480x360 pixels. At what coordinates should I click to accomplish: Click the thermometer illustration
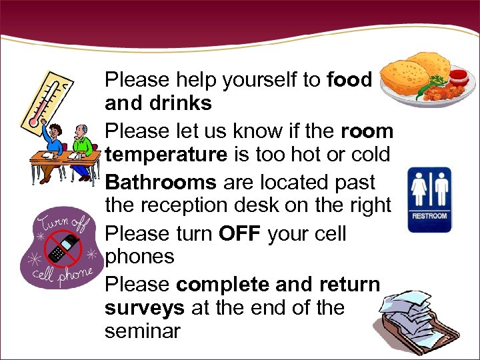coord(47,100)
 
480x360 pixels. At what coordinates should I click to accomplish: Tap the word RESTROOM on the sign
coord(429,216)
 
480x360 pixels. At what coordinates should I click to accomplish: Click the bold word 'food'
coord(349,80)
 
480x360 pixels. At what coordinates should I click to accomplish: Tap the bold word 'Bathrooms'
coord(161,182)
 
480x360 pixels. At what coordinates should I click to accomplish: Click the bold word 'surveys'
coord(145,308)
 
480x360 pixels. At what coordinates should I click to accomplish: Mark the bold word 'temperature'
coord(166,155)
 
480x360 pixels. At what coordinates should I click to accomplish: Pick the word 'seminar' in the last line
coord(142,331)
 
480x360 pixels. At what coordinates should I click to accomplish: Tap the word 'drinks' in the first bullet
coord(181,103)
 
